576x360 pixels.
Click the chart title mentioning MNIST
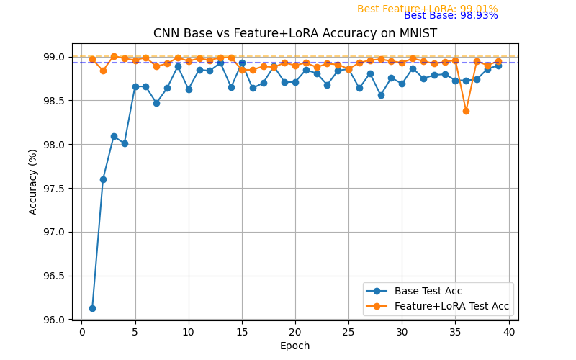pyautogui.click(x=294, y=34)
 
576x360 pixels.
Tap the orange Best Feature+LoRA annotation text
pyautogui.click(x=427, y=9)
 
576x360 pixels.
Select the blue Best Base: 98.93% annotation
pyautogui.click(x=451, y=16)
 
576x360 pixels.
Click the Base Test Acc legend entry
pyautogui.click(x=428, y=292)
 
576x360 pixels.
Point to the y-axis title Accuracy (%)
pyautogui.click(x=33, y=181)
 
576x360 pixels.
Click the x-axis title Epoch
pyautogui.click(x=294, y=346)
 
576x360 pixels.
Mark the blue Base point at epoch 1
pyautogui.click(x=92, y=308)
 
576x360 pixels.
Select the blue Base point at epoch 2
pyautogui.click(x=103, y=179)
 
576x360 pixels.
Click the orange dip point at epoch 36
pyautogui.click(x=466, y=111)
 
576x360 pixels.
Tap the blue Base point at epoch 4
pyautogui.click(x=125, y=143)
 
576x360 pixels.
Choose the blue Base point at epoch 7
pyautogui.click(x=156, y=103)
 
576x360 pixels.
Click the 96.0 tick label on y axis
pyautogui.click(x=55, y=320)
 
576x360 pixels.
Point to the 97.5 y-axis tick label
pyautogui.click(x=55, y=189)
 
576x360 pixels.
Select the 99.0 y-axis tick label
pyautogui.click(x=55, y=57)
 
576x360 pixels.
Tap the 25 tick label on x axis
pyautogui.click(x=348, y=331)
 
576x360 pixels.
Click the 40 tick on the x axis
pyautogui.click(x=508, y=331)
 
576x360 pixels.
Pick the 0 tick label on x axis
pyautogui.click(x=82, y=331)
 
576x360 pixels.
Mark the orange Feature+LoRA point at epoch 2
pyautogui.click(x=103, y=71)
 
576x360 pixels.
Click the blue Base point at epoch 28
pyautogui.click(x=381, y=95)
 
